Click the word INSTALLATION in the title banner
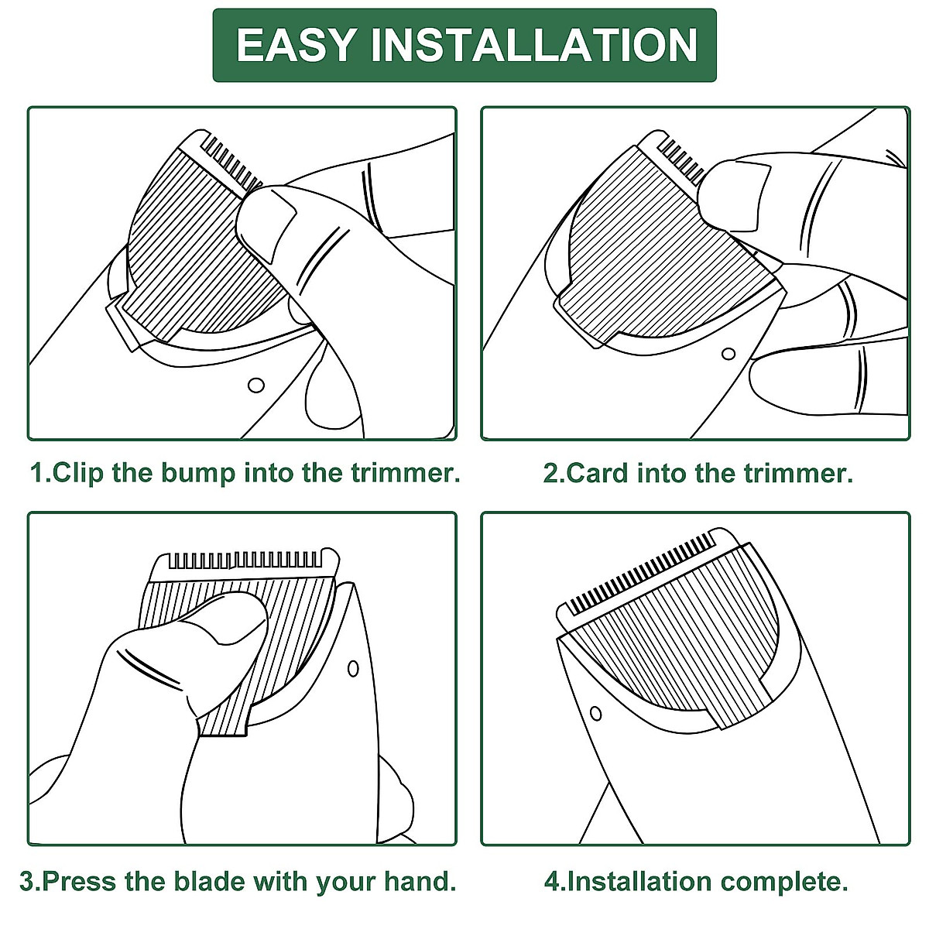(x=534, y=45)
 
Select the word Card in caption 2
(x=597, y=473)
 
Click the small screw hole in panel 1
(x=255, y=385)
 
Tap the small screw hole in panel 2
(x=728, y=354)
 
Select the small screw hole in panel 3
(x=353, y=667)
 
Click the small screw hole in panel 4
(x=595, y=712)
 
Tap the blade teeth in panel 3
(x=244, y=559)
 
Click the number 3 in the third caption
(x=27, y=881)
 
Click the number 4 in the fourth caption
(x=550, y=881)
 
